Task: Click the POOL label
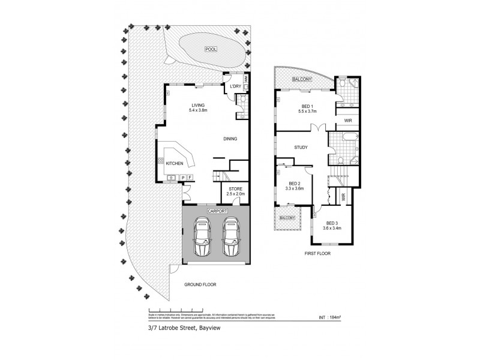(210, 49)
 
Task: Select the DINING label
(230, 139)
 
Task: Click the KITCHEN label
(175, 163)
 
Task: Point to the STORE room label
(234, 190)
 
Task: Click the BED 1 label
(307, 106)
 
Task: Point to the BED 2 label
(294, 185)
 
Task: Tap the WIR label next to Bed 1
(348, 121)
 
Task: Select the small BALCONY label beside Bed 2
(286, 218)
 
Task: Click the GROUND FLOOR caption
(200, 284)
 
